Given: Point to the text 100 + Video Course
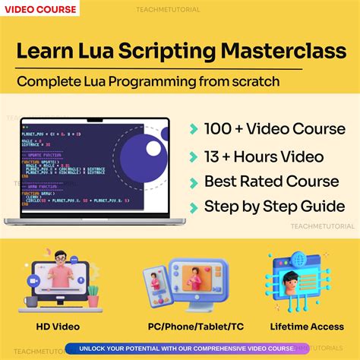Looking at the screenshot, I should (274, 128).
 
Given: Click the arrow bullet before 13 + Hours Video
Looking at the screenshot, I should (194, 157).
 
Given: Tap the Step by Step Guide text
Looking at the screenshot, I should (274, 207).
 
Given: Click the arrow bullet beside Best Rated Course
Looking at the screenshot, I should (194, 182).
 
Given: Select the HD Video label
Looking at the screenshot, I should (57, 327).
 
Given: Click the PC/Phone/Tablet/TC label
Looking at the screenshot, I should (180, 327).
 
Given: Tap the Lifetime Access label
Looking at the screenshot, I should (305, 327).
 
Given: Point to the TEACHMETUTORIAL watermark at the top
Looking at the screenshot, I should (181, 10).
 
